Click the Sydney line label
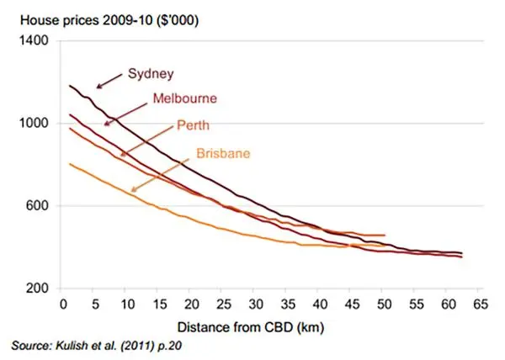point(151,74)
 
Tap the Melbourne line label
point(185,98)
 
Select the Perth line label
point(194,125)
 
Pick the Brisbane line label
point(223,153)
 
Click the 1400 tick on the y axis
point(34,40)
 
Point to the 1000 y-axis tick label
point(34,123)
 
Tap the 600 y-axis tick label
point(37,205)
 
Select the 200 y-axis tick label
point(37,288)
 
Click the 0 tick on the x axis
point(63,304)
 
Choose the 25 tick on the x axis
point(224,304)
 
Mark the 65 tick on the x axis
point(481,304)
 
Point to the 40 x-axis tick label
point(320,304)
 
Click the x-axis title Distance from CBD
point(251,327)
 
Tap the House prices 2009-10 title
point(109,20)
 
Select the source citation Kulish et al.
point(97,346)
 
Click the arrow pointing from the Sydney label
point(109,81)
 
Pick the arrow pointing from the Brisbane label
point(160,175)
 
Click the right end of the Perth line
point(385,236)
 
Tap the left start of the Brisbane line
point(70,164)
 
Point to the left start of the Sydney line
point(70,86)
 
